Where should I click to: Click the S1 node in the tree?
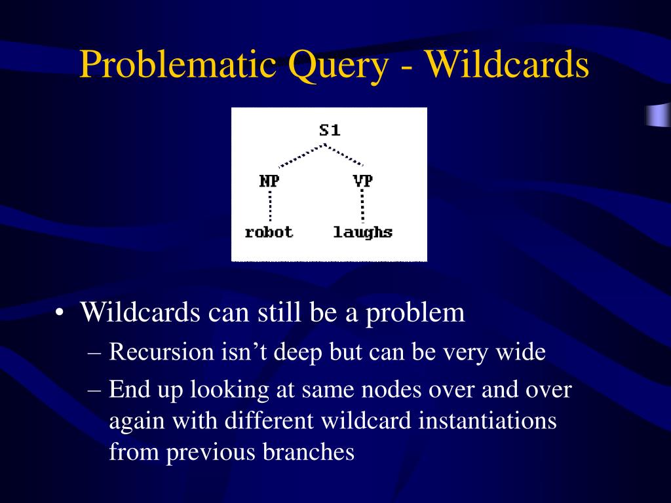click(330, 130)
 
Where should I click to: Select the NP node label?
click(269, 181)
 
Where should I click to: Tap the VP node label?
click(363, 181)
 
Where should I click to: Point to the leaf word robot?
click(269, 232)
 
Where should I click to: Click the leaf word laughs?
click(363, 232)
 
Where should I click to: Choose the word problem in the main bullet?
click(415, 314)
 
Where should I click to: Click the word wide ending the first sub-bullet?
click(521, 352)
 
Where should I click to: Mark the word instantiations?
click(487, 420)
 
